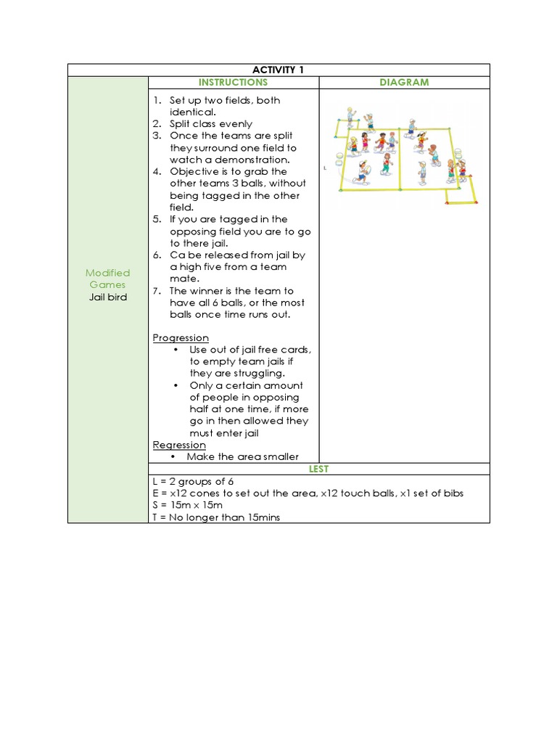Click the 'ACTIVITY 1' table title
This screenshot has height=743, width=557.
278,70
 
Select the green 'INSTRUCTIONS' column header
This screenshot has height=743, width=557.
234,83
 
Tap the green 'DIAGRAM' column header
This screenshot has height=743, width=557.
404,83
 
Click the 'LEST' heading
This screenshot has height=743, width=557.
318,469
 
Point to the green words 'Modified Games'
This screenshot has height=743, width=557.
107,279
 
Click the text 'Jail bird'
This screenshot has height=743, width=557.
107,297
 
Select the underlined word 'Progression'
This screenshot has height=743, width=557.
181,338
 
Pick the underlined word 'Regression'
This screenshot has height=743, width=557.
179,445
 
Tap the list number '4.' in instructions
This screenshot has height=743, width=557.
157,172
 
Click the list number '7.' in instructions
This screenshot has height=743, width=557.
157,291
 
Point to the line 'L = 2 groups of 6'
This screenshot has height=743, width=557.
193,482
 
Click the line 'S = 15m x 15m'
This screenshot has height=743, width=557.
188,505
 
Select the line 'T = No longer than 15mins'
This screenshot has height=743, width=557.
216,517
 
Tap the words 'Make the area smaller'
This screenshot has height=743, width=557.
242,457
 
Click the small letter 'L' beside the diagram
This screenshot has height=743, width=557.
325,167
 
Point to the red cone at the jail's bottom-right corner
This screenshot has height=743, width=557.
475,203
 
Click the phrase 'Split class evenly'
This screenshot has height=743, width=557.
210,124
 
